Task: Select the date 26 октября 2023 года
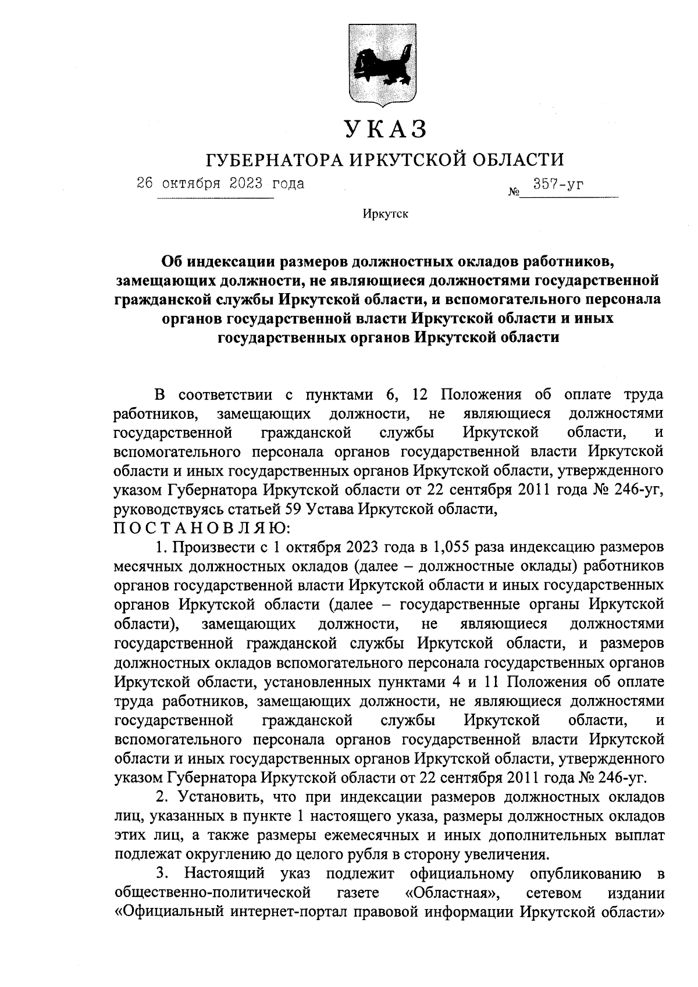coord(220,184)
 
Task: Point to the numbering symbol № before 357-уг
coord(513,190)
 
